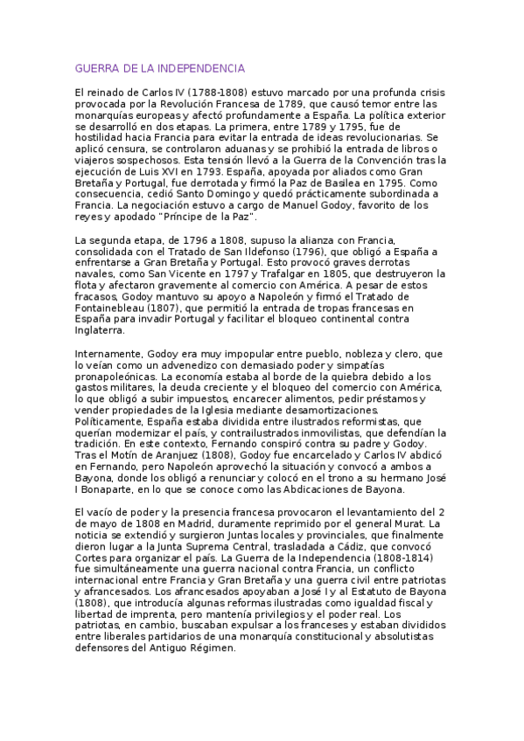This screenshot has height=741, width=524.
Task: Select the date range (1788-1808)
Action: [216, 92]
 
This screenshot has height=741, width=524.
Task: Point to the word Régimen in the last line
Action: [211, 648]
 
